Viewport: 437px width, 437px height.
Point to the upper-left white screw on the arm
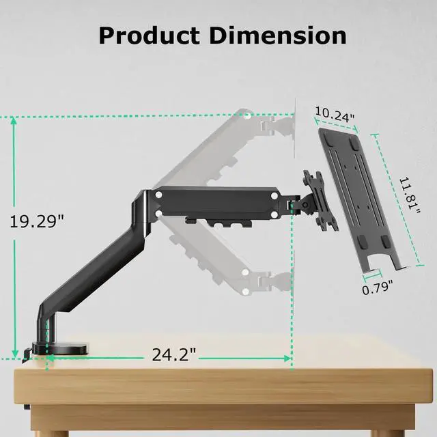pos(158,195)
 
